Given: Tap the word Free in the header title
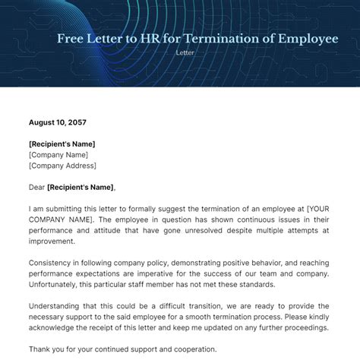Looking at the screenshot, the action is pos(72,39).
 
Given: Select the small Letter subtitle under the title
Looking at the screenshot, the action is pos(185,52).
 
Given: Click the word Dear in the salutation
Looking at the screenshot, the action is pos(36,187).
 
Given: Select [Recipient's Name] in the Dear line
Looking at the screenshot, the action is pos(80,187).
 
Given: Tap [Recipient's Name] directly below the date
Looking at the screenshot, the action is pos(62,144).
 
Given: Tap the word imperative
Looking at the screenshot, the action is pos(165,273).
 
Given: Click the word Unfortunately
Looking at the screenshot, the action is pos(58,284).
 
